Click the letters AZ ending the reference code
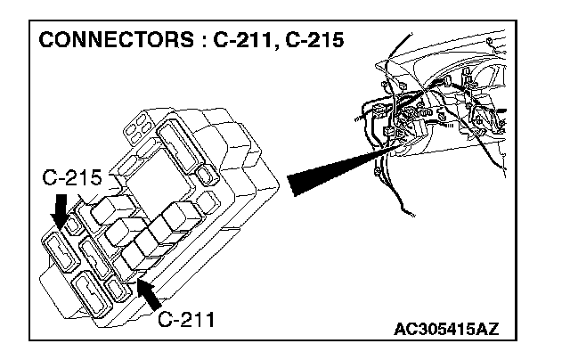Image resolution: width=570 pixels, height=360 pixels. (486, 329)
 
